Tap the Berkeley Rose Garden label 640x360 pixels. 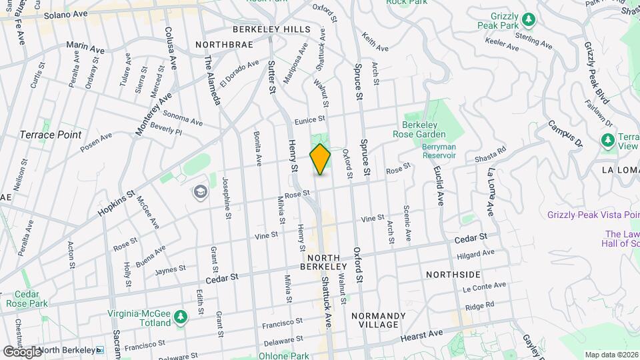coord(428,129)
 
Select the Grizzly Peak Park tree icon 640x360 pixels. coord(528,19)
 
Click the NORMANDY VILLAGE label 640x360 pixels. coord(374,320)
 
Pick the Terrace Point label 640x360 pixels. coord(51,135)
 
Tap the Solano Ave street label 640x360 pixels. coord(65,14)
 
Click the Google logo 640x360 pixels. coord(23,351)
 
